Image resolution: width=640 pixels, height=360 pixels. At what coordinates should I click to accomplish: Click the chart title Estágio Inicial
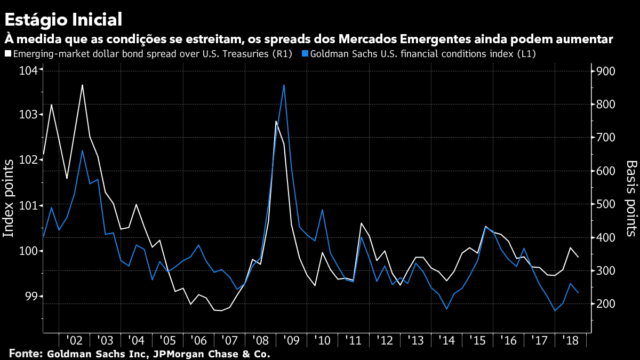[63, 20]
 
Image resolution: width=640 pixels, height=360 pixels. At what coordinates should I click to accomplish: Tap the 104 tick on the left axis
[28, 71]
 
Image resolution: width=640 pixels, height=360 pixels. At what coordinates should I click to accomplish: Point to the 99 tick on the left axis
[31, 297]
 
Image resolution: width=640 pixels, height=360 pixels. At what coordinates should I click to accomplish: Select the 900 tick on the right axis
[607, 71]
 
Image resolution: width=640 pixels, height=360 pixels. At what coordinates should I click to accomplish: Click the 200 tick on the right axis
[607, 304]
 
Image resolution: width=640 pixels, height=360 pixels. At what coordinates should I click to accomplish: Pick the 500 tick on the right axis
[607, 204]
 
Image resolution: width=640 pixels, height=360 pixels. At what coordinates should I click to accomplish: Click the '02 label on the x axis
[74, 341]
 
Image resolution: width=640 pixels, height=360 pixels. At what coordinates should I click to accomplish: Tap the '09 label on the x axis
[292, 341]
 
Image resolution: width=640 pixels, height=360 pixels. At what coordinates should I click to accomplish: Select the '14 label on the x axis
[447, 341]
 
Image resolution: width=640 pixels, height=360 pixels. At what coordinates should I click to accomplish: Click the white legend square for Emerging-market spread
[7, 54]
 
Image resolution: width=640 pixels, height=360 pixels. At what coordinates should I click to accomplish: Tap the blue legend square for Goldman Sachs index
[305, 54]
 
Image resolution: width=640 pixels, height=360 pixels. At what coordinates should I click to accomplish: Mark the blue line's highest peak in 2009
[284, 85]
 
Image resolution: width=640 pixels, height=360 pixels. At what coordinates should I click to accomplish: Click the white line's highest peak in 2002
[83, 85]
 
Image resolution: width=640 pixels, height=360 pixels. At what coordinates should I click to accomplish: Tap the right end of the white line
[579, 257]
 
